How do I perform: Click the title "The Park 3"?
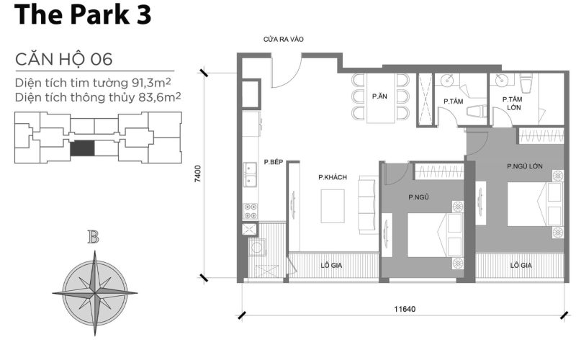tap(82, 16)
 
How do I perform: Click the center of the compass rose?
tap(94, 292)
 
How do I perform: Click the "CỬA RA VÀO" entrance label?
tap(283, 40)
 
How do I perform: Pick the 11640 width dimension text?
tap(404, 309)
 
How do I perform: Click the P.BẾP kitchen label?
tap(272, 163)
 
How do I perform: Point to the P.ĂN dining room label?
tap(379, 96)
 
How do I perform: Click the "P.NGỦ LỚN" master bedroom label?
tap(523, 167)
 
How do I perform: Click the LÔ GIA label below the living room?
tap(331, 265)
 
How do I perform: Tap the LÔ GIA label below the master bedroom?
tap(521, 265)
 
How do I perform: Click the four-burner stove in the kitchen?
tap(251, 211)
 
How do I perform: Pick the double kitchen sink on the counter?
tap(251, 173)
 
